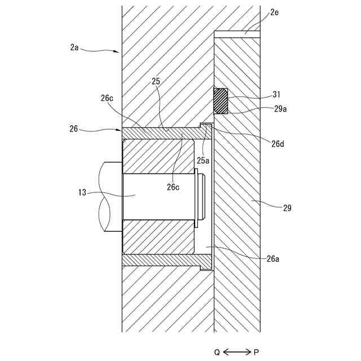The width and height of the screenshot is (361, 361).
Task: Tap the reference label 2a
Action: tap(74, 47)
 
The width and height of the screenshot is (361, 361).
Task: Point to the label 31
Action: tap(276, 94)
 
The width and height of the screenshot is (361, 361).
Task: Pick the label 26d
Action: tap(277, 143)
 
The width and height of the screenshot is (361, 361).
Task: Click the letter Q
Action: tap(217, 352)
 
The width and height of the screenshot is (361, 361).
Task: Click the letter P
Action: tap(257, 352)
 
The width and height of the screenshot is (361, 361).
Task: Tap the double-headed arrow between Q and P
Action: tap(237, 352)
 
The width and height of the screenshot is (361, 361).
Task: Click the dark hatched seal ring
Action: tap(221, 101)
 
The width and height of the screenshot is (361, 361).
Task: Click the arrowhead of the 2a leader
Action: tap(117, 52)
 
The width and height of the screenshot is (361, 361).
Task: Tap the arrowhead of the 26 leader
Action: tap(120, 131)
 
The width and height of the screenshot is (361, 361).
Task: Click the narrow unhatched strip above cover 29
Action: tap(237, 34)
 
